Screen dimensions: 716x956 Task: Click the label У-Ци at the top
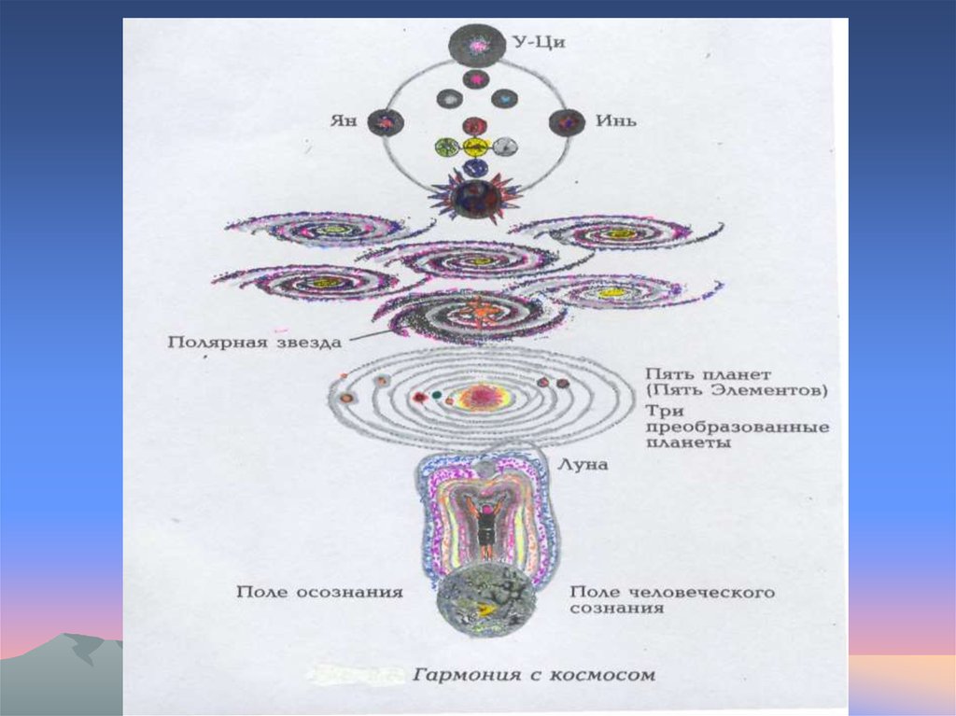[x=541, y=43]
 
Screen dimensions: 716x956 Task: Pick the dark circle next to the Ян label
[x=385, y=122]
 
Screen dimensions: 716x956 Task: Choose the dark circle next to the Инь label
[x=566, y=122]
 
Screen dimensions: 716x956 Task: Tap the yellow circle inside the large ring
[x=475, y=147]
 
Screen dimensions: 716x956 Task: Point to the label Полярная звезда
[x=255, y=342]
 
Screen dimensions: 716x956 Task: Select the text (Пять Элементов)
[x=736, y=391]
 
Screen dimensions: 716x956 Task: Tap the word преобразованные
[x=736, y=428]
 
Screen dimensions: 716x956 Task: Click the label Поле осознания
[x=319, y=591]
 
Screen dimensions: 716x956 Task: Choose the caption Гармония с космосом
[x=535, y=674]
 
